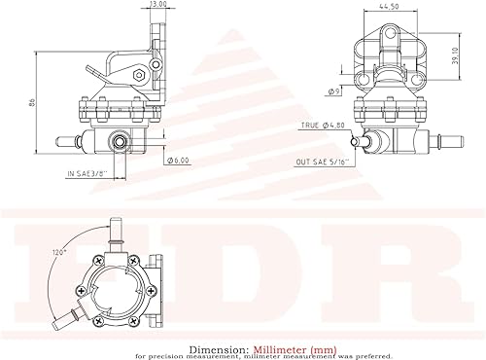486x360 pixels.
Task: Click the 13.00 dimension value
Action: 157,5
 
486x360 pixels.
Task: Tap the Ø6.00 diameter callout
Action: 179,160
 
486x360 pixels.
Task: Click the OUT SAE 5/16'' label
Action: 326,163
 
